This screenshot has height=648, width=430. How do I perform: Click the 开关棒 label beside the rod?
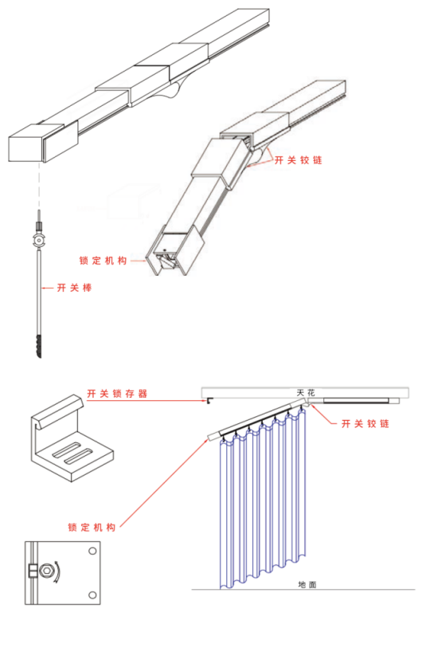click(x=74, y=288)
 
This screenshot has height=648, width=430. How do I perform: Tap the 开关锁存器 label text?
click(x=117, y=394)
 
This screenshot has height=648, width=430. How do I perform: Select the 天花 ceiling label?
click(x=306, y=393)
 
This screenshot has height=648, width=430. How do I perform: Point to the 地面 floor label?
click(x=307, y=584)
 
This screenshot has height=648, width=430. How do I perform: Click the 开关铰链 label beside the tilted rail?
click(x=299, y=160)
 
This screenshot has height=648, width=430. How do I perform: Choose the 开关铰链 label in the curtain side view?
click(x=365, y=423)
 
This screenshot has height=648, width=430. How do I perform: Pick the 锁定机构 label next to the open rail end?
click(x=103, y=261)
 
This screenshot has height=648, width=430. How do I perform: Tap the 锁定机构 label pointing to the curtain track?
click(x=92, y=527)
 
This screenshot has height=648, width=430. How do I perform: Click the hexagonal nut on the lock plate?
click(x=46, y=571)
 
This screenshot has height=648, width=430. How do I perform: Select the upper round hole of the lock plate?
click(x=92, y=551)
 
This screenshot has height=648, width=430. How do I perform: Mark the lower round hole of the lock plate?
click(x=92, y=595)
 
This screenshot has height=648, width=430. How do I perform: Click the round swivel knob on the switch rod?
click(x=38, y=240)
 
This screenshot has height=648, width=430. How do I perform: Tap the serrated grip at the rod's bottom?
click(x=39, y=346)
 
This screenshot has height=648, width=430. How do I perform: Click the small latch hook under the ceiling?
click(x=209, y=400)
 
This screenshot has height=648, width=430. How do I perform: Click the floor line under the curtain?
click(x=303, y=589)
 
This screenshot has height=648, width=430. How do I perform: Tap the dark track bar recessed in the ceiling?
click(x=356, y=400)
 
